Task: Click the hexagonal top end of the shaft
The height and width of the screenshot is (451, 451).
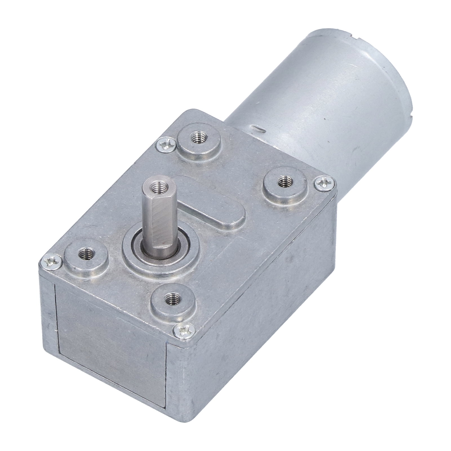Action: pyautogui.click(x=154, y=197)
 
